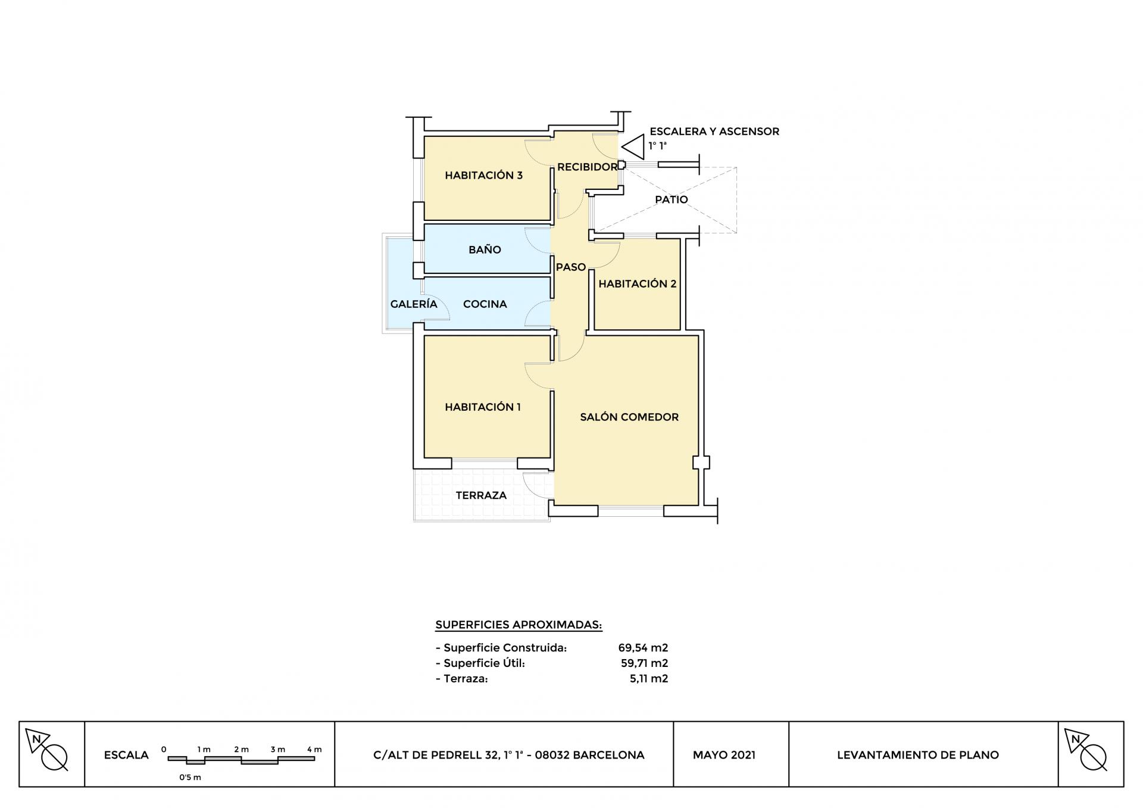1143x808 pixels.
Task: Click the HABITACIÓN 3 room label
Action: click(x=483, y=175)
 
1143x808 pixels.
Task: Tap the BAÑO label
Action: click(x=485, y=249)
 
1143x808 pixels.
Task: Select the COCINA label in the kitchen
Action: click(x=485, y=304)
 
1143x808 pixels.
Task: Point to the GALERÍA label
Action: click(x=414, y=304)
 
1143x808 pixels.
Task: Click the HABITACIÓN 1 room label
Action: click(x=483, y=407)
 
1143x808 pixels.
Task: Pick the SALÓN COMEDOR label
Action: click(x=629, y=417)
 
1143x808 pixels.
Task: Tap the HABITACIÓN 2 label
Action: click(x=638, y=284)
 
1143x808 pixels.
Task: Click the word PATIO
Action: click(x=672, y=200)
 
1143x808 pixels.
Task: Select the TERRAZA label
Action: click(x=481, y=495)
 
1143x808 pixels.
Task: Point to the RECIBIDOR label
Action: click(x=588, y=167)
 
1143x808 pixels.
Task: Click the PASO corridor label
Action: click(x=571, y=267)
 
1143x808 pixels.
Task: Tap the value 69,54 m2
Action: click(x=643, y=648)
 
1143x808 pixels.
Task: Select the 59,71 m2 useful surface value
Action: click(x=644, y=663)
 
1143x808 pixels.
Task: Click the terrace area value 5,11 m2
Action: click(x=649, y=679)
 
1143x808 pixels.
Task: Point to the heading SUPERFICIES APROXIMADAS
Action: click(x=519, y=625)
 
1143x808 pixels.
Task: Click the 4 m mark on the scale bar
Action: click(x=314, y=750)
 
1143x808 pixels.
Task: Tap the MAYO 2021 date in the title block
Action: click(x=724, y=755)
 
